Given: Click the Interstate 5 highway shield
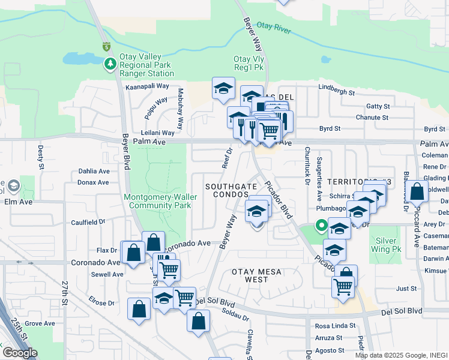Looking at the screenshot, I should point(106,46).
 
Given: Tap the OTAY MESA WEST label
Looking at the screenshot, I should point(259,275).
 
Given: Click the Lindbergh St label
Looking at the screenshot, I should point(337,93).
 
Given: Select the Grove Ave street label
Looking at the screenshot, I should point(40,323).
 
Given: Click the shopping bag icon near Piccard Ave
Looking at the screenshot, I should point(417,193).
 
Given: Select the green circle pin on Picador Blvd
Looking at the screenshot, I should point(321,226).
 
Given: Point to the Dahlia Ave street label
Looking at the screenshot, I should point(94,171).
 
